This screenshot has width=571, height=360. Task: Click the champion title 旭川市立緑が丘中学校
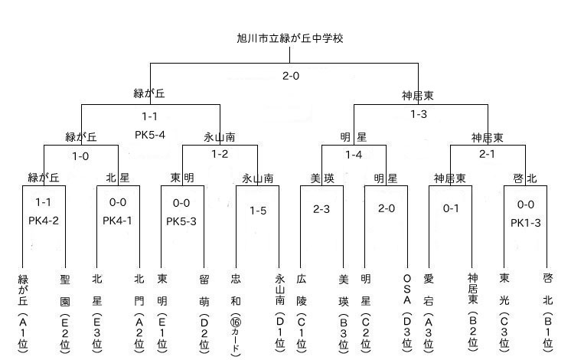pyautogui.click(x=290, y=38)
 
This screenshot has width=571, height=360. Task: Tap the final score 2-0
pyautogui.click(x=291, y=76)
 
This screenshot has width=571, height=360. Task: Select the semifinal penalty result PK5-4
pyautogui.click(x=150, y=135)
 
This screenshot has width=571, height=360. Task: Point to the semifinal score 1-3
pyautogui.click(x=419, y=114)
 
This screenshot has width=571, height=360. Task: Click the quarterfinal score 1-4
pyautogui.click(x=354, y=155)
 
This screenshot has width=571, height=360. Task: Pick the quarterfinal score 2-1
pyautogui.click(x=487, y=154)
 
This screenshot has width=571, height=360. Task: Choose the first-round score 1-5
pyautogui.click(x=258, y=211)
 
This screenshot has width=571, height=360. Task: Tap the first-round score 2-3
pyautogui.click(x=321, y=209)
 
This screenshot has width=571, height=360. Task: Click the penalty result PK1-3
pyautogui.click(x=526, y=223)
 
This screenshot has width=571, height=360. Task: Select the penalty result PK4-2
pyautogui.click(x=44, y=221)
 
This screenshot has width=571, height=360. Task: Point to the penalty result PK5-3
pyautogui.click(x=181, y=221)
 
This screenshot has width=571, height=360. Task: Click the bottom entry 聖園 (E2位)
pyautogui.click(x=65, y=314)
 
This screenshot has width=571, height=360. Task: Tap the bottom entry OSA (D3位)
pyautogui.click(x=407, y=313)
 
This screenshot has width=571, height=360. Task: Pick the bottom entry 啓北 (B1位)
pyautogui.click(x=548, y=313)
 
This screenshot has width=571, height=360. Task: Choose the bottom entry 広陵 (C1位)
pyautogui.click(x=301, y=313)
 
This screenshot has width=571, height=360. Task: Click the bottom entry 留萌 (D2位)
pyautogui.click(x=204, y=313)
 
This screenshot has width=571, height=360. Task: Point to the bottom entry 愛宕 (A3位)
pyautogui.click(x=429, y=313)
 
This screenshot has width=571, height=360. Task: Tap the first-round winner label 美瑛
pyautogui.click(x=322, y=178)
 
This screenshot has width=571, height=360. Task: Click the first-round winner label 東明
pyautogui.click(x=182, y=178)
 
